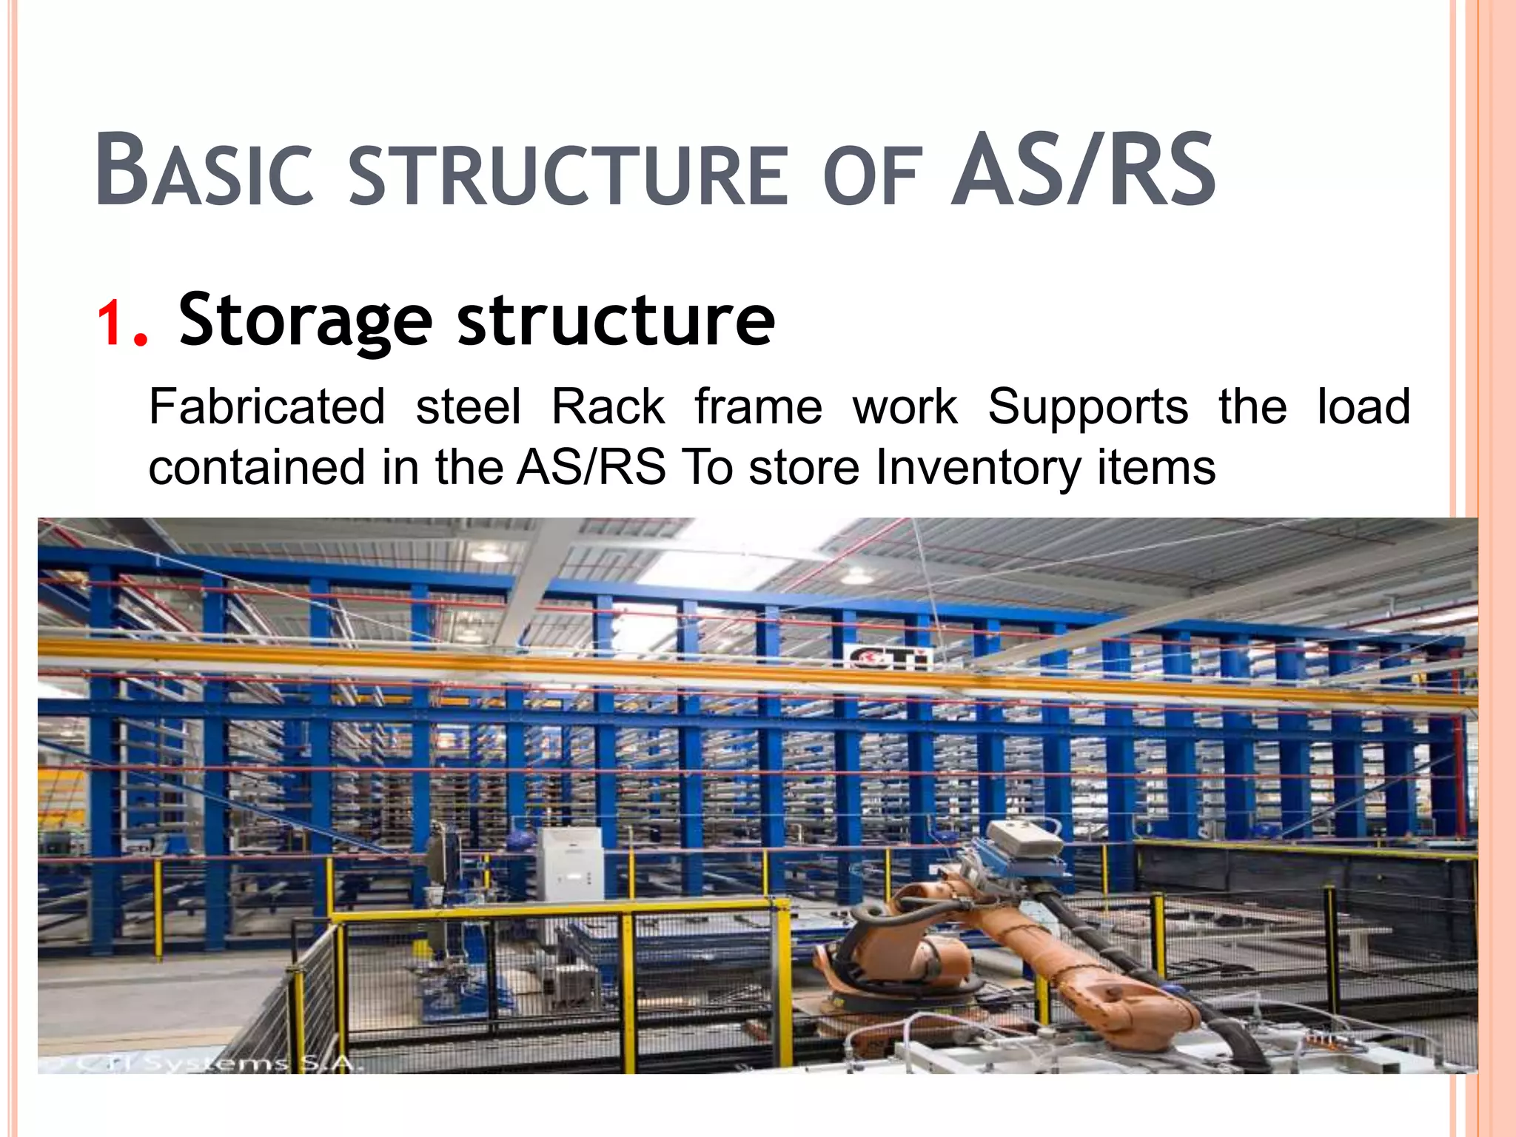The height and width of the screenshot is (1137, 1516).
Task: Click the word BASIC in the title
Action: pyautogui.click(x=204, y=170)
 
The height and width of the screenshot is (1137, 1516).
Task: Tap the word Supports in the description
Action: pyautogui.click(x=1087, y=409)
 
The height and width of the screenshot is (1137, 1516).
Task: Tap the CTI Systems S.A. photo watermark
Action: pyautogui.click(x=215, y=1063)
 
